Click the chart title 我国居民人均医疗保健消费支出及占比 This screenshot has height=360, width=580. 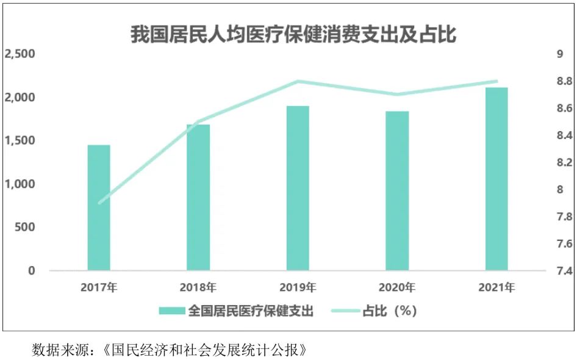tap(293, 34)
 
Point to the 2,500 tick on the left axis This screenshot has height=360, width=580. tap(20, 54)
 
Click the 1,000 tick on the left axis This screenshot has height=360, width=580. tap(20, 184)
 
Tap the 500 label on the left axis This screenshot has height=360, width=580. tap(24, 227)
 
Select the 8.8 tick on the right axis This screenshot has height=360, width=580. tap(560, 81)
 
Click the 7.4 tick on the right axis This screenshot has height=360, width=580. tap(560, 271)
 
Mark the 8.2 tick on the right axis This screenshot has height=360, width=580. tap(560, 162)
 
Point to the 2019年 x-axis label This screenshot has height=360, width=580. tap(298, 287)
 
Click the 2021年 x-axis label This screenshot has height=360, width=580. tap(496, 287)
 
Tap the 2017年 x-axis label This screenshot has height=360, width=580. tap(99, 287)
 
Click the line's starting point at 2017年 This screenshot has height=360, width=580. tap(99, 203)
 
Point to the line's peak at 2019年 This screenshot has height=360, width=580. tap(298, 81)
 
